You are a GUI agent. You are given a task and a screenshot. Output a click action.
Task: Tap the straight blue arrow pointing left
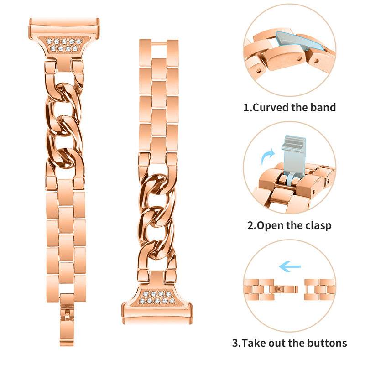(x=290, y=267)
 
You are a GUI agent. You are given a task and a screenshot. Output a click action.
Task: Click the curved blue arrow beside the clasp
(x=268, y=156)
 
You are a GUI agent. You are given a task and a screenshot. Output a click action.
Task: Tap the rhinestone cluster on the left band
(x=64, y=45)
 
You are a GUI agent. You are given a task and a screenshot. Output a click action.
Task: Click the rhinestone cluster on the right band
(x=157, y=297)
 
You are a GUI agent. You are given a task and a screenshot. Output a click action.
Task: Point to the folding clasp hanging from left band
(x=67, y=320)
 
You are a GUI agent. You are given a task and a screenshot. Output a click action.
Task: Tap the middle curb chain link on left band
(x=64, y=126)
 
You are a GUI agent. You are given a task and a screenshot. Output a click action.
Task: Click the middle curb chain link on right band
(x=157, y=216)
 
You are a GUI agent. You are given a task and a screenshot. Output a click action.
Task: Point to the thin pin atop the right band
(x=159, y=43)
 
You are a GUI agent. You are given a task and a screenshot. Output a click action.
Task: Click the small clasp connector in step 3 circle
(x=286, y=289)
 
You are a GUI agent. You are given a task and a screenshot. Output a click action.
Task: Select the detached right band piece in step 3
(x=320, y=290)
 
